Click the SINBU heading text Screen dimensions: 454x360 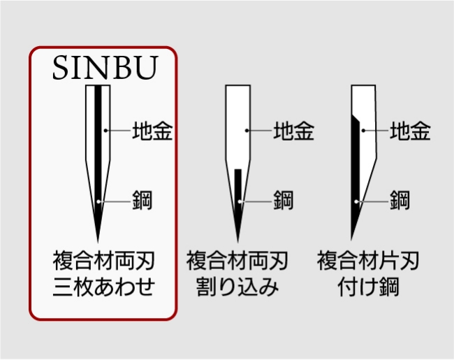[105, 68]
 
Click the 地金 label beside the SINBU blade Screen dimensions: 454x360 [152, 131]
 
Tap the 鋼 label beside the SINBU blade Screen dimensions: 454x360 [142, 200]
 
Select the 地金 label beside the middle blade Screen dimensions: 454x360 [293, 131]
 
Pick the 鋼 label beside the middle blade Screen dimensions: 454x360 [284, 200]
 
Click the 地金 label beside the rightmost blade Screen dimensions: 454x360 [410, 131]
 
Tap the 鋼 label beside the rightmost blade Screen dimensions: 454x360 [400, 200]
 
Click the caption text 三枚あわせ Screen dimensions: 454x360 [103, 287]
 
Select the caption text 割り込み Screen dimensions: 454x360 [237, 287]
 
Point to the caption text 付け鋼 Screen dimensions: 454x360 [368, 287]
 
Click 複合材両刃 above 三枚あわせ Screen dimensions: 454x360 [103, 261]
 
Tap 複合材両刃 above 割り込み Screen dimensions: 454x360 [237, 261]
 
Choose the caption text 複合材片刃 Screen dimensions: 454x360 [368, 261]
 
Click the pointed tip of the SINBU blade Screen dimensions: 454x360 [98, 242]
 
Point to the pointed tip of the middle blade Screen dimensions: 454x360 [238, 242]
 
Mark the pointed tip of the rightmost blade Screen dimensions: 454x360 [351, 240]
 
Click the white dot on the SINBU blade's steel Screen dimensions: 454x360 [98, 201]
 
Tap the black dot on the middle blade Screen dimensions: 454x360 [247, 131]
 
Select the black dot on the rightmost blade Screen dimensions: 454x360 [363, 131]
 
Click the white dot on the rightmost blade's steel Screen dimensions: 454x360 [356, 201]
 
